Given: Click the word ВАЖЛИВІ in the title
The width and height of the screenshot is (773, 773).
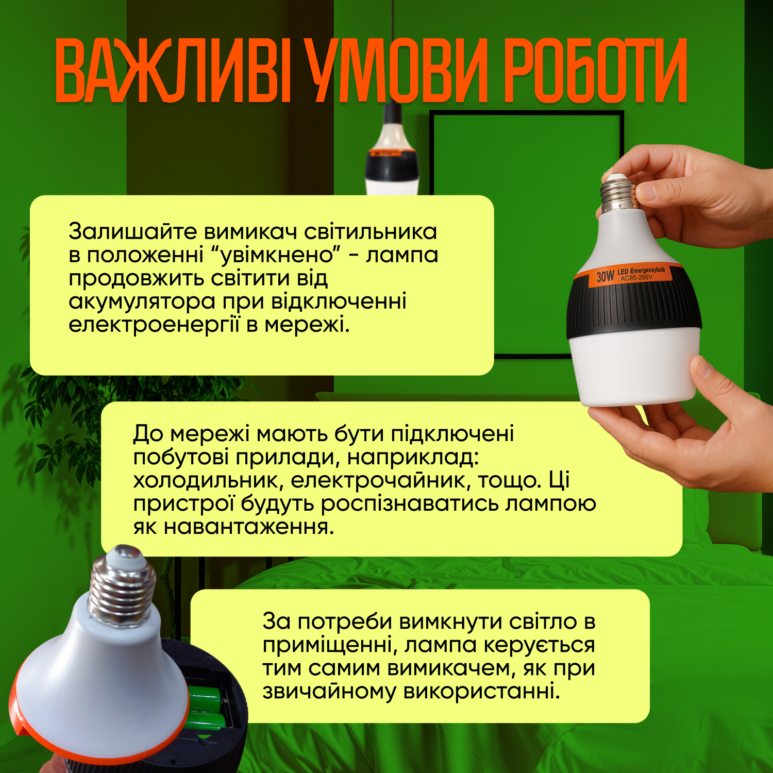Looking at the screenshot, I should pyautogui.click(x=173, y=71).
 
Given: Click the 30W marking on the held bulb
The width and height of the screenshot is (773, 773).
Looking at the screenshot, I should pyautogui.click(x=605, y=276).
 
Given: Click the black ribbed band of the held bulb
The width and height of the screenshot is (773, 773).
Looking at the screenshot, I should pyautogui.click(x=634, y=309).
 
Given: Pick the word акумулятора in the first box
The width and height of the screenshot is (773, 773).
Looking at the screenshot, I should pyautogui.click(x=142, y=302).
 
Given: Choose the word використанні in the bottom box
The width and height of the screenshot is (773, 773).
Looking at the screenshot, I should pyautogui.click(x=481, y=692).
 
